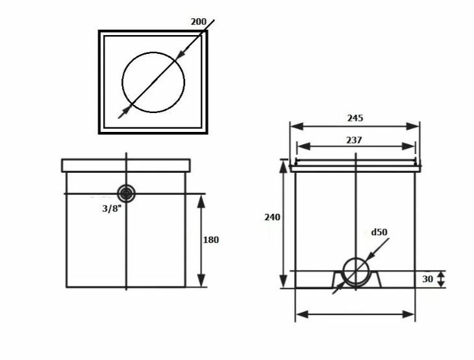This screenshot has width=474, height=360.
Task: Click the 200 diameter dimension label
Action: pos(199,22)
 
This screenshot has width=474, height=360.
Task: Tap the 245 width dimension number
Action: pos(355,118)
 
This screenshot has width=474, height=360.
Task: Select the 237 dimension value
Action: pos(354,140)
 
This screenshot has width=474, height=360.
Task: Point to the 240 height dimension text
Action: pos(272,217)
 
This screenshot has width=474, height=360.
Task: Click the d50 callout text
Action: pos(379,232)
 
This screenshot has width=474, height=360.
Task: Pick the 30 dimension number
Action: pos(427,279)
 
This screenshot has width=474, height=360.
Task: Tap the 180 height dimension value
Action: pos(210,240)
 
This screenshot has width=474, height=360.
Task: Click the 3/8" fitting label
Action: pos(112,209)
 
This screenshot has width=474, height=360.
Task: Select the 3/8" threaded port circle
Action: pos(127,194)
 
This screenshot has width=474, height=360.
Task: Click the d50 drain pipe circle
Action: pos(356,272)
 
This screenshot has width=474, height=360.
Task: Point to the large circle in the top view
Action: pos(153,83)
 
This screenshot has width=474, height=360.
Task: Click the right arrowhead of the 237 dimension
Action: pos(408,146)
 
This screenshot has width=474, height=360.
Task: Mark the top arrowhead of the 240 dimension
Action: pos(283,166)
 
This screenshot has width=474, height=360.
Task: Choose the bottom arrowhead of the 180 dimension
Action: pos(201,280)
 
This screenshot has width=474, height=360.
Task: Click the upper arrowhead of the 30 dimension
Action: pos(442,274)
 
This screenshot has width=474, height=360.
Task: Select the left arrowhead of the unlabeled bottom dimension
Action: pos(302,315)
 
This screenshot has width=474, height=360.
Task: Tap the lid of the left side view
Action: pos(126,166)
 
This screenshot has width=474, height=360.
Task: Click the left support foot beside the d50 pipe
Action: pos(338,280)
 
